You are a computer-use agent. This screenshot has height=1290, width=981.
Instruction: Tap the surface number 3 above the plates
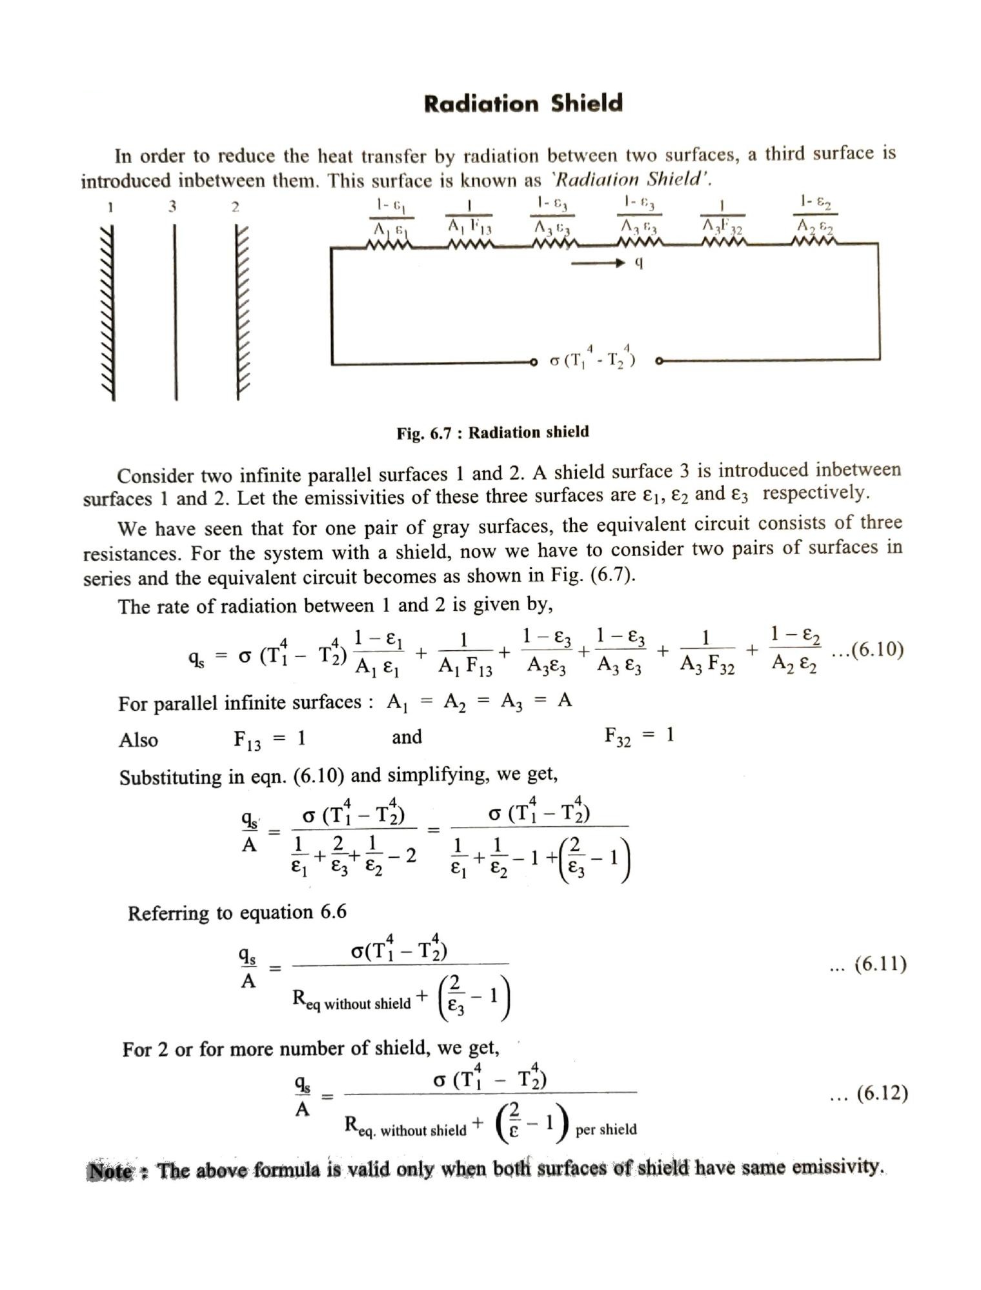pos(172,206)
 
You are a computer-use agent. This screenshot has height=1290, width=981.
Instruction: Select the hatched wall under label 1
pos(109,313)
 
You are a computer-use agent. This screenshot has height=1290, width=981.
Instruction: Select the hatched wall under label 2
pos(241,313)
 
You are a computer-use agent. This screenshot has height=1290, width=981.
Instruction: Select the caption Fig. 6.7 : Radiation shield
pos(492,432)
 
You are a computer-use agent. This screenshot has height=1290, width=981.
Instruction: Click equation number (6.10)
pos(868,650)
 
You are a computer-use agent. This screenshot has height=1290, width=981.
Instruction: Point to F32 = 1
pos(639,735)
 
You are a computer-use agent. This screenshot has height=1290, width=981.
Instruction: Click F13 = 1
pos(269,739)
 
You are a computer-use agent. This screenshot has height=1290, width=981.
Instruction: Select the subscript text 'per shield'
pos(605,1129)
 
